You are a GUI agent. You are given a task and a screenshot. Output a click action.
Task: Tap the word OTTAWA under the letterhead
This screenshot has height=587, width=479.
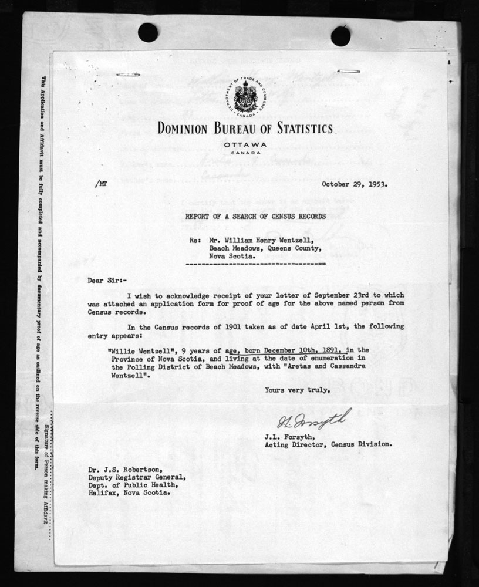click(244, 145)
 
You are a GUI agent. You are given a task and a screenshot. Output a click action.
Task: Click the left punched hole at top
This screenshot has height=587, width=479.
click(147, 32)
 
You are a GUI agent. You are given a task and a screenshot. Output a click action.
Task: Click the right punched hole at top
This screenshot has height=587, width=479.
click(340, 36)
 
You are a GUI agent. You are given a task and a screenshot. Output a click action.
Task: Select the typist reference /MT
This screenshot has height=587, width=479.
click(100, 184)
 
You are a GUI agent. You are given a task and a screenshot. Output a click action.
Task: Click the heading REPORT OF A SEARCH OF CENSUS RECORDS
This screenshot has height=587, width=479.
click(255, 217)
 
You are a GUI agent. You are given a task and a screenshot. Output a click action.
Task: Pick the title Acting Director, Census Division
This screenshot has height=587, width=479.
click(327, 444)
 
